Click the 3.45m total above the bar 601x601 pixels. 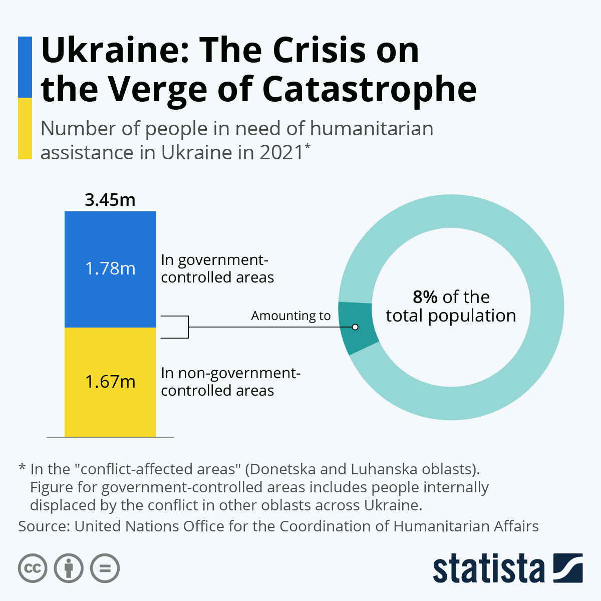(110, 200)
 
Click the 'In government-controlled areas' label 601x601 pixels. (217, 268)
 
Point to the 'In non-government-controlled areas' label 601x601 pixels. (230, 382)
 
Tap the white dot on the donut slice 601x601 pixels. (355, 327)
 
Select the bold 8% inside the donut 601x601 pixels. (425, 297)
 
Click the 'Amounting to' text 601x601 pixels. (290, 316)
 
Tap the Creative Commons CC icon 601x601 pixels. (33, 568)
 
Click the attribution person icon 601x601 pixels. (69, 568)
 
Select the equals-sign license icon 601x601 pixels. (105, 568)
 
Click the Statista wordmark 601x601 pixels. (488, 569)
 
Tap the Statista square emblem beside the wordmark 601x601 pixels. (568, 568)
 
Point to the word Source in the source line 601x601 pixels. (44, 526)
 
